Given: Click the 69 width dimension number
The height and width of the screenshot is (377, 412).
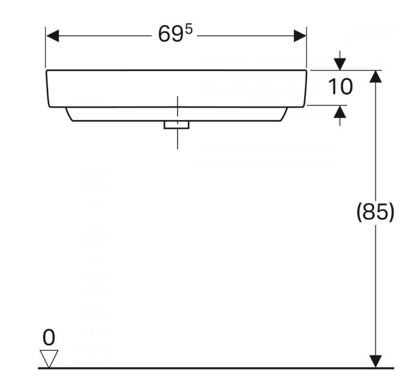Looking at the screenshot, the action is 170,34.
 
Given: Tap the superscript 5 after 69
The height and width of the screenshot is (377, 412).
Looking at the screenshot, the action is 189,30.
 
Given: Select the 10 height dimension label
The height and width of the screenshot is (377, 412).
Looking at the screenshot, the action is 340,87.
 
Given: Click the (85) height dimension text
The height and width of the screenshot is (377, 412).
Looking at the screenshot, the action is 375,212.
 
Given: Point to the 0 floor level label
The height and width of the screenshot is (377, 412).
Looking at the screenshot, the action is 49,337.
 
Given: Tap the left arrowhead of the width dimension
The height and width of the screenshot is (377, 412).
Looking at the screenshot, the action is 52,36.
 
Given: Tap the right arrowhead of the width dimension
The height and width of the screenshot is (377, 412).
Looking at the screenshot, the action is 300,36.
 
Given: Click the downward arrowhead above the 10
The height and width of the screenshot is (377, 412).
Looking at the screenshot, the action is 340,64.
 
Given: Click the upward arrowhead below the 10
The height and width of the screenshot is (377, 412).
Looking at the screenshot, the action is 340,111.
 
